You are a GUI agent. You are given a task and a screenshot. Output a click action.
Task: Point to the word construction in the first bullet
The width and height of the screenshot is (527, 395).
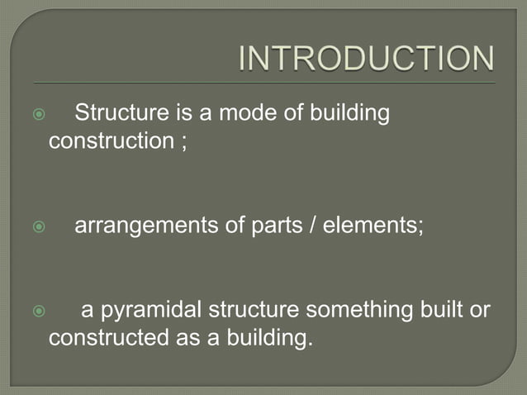(110, 140)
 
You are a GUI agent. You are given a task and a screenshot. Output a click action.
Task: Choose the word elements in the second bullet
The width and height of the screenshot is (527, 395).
(371, 226)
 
